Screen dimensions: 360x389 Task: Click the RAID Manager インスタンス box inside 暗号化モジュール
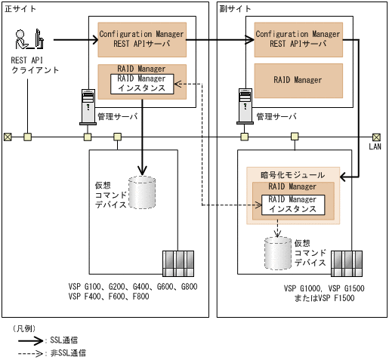[x=288, y=205]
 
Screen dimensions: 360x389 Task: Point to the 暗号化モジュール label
[x=289, y=174]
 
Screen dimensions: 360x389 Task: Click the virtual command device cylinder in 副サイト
[x=278, y=253]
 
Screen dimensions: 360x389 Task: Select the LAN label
[x=375, y=147]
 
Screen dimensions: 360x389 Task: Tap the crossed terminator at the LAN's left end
[x=8, y=137]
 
